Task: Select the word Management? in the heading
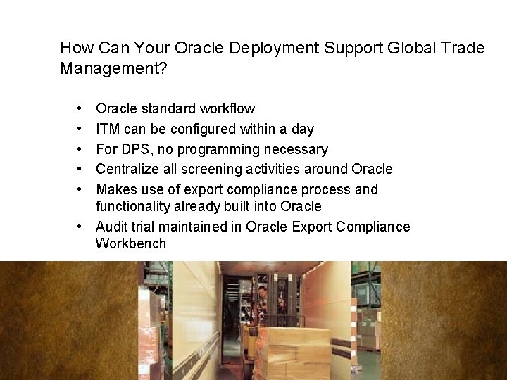[x=114, y=69]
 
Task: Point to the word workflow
[x=227, y=109]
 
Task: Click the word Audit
[x=112, y=227]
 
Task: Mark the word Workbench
[x=131, y=244]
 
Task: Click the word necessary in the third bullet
[x=296, y=150]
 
